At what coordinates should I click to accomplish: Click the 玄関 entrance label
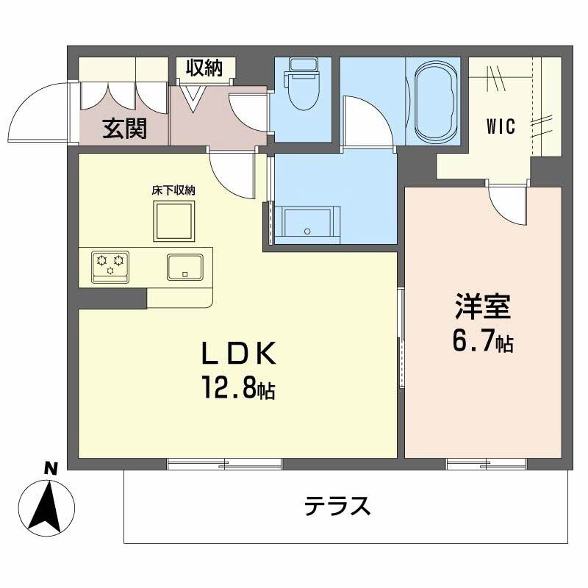pos(124,129)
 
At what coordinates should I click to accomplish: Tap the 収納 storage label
pos(204,69)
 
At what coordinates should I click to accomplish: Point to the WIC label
pos(501,126)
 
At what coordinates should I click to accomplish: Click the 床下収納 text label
pos(173,190)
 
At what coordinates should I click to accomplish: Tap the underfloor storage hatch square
pos(173,220)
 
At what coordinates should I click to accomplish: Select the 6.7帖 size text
pos(481,341)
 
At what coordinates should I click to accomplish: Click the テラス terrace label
pos(337,506)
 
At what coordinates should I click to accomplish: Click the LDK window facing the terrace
pos(224,464)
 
